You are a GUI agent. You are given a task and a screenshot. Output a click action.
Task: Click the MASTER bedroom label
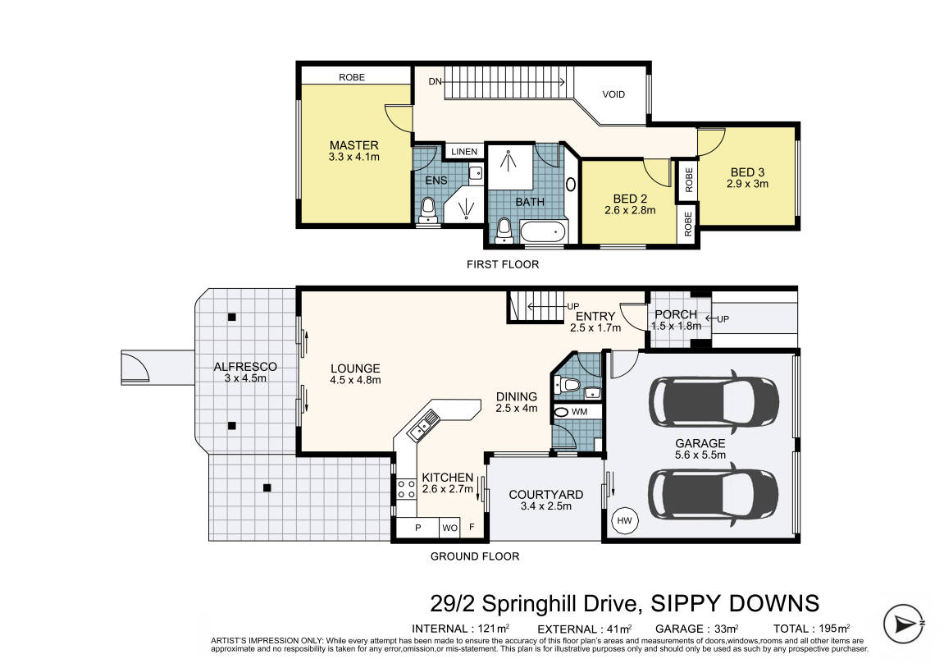point(354,145)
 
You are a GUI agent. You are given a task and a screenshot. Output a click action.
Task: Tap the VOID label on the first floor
point(613,94)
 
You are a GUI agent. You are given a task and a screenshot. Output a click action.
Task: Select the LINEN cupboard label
point(464,152)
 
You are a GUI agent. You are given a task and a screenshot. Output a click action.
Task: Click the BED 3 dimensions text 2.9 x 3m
point(747,184)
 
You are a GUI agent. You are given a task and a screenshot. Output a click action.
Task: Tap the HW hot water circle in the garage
point(625,520)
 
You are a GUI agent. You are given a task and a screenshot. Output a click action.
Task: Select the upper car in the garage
point(714,401)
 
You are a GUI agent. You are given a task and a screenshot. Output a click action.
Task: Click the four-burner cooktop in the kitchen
point(406,488)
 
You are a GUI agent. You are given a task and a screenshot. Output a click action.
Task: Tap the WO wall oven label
point(449,528)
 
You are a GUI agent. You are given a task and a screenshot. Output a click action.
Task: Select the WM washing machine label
point(579,412)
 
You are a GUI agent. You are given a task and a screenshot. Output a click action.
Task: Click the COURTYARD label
point(546,495)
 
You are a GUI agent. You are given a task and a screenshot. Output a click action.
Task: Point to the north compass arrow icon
point(904,624)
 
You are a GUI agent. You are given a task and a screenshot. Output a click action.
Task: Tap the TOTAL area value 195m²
point(834,629)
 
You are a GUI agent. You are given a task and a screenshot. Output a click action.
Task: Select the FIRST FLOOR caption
point(503,264)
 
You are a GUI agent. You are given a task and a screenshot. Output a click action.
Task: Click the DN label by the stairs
point(436,81)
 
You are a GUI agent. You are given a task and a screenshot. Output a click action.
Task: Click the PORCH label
point(676,314)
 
